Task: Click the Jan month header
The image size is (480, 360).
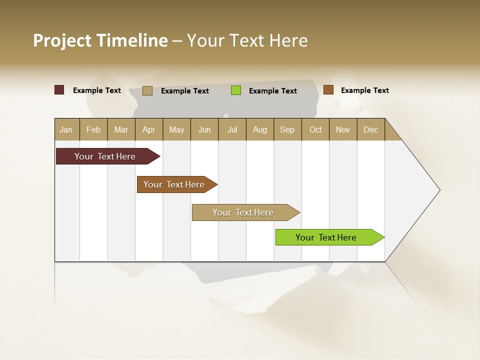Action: tap(66, 129)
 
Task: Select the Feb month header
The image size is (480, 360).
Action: tap(93, 129)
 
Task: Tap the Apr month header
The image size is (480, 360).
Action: tap(149, 129)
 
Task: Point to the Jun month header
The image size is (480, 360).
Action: tap(204, 129)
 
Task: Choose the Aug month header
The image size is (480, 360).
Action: tap(260, 129)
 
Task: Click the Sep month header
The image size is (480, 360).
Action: tap(287, 129)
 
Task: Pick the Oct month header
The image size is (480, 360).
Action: tap(315, 129)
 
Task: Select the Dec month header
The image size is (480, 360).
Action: tap(371, 129)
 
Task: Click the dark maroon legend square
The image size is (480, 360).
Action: tap(59, 90)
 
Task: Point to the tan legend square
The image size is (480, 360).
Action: tap(147, 90)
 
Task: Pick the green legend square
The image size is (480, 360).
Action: tap(236, 90)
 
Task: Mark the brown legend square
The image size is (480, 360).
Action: tap(328, 90)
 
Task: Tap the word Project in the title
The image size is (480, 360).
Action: tap(62, 40)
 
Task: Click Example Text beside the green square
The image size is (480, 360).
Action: tap(273, 91)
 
